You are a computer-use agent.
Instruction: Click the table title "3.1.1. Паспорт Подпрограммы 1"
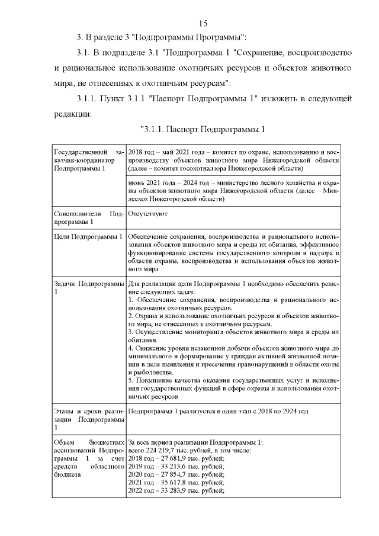point(202,129)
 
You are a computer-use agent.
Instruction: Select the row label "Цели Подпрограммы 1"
point(88,237)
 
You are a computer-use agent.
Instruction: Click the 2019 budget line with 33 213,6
point(176,467)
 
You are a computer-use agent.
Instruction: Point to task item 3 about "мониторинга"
point(233,332)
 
